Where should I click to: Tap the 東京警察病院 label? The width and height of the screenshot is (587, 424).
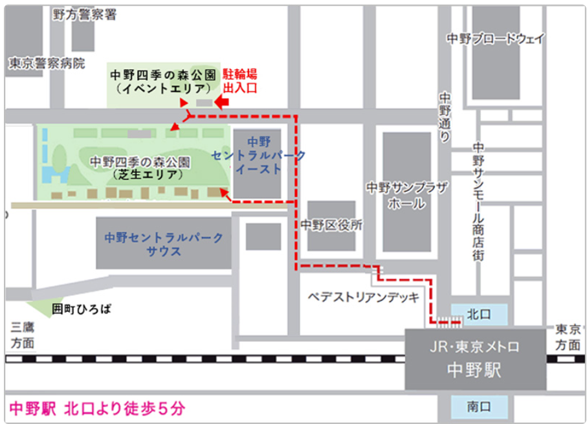click(47, 63)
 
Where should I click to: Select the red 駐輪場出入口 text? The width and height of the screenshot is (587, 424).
click(240, 80)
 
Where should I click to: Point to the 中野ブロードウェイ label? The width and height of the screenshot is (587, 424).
click(496, 39)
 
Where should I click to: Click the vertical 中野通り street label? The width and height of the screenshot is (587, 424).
click(445, 117)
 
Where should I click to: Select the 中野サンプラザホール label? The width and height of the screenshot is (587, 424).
click(407, 195)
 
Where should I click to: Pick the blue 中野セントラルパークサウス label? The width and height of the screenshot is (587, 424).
click(164, 244)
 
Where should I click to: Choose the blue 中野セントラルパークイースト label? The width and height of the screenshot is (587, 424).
click(258, 155)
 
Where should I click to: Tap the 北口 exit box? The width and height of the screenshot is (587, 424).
click(479, 314)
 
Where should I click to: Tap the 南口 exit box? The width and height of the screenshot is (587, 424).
click(479, 407)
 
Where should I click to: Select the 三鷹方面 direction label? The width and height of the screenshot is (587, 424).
click(23, 335)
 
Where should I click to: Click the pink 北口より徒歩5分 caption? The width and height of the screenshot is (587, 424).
click(97, 408)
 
